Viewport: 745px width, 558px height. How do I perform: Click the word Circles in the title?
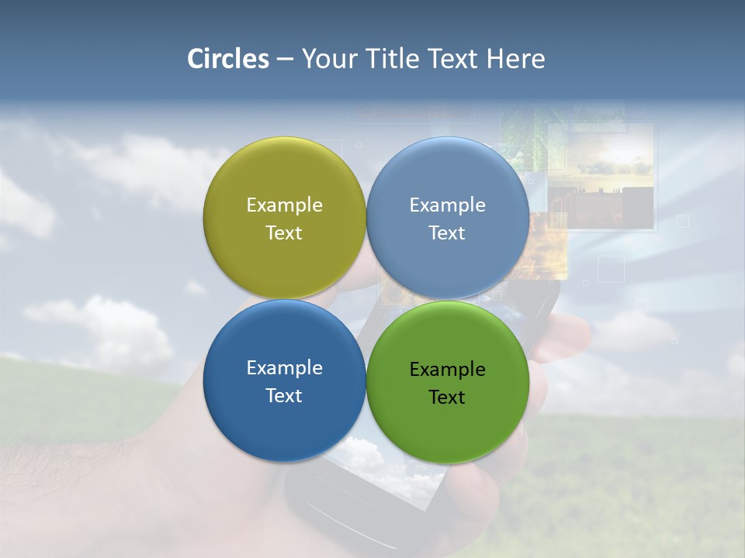(x=227, y=59)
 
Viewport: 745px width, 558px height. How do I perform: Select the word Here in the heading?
(x=515, y=59)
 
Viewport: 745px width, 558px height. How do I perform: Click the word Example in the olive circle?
(x=284, y=205)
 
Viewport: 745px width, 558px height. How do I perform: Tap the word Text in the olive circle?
(x=284, y=232)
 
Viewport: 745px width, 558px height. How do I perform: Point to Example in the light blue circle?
(x=447, y=205)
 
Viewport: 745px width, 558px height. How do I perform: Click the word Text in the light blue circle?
(x=447, y=232)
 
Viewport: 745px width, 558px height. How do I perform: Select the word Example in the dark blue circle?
(x=284, y=367)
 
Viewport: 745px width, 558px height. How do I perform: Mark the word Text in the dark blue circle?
(x=284, y=395)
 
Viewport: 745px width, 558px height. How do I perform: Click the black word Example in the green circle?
(x=447, y=369)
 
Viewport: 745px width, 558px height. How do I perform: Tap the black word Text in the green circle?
(x=447, y=397)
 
